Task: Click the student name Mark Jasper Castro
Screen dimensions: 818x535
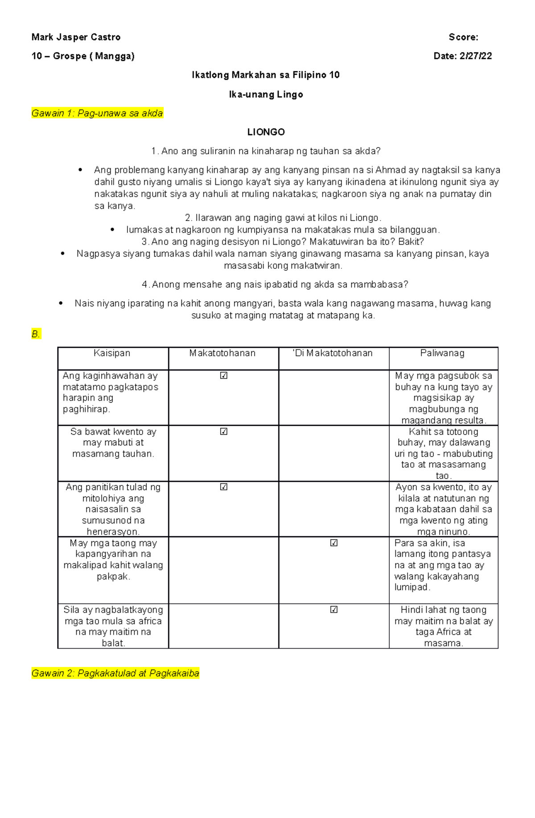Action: click(76, 37)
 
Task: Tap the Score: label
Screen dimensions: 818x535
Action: click(463, 37)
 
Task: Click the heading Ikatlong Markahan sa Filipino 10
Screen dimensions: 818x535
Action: click(266, 75)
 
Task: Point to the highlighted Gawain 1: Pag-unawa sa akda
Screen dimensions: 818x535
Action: click(97, 113)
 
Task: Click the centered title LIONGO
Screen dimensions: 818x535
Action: click(266, 132)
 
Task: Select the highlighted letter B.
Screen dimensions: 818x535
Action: click(36, 334)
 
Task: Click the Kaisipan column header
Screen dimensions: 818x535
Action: click(112, 353)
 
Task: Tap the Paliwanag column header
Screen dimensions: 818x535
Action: click(442, 353)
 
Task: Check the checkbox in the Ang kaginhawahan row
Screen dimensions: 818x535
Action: click(224, 376)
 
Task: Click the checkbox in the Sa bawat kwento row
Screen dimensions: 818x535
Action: click(224, 432)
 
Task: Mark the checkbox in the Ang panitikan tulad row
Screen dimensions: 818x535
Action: click(224, 487)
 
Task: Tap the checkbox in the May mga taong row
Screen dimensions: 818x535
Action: click(334, 543)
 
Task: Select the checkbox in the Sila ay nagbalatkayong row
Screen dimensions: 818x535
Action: click(334, 610)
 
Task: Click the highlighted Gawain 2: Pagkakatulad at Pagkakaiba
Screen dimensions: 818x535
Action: click(115, 673)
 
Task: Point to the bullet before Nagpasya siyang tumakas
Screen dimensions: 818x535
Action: click(62, 254)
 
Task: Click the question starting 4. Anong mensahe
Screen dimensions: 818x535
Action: click(275, 284)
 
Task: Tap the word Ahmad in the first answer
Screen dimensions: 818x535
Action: click(390, 170)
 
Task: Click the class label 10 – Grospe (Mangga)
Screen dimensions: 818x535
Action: click(83, 56)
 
